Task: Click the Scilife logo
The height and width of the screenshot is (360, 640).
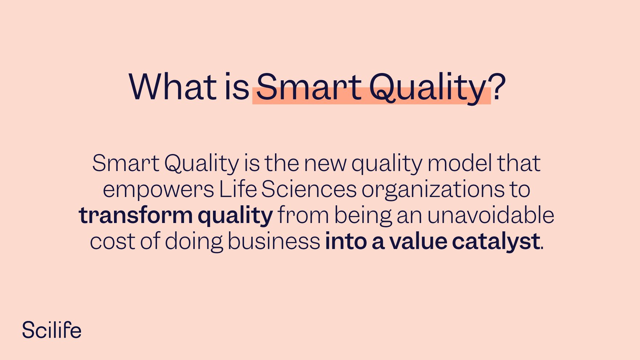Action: pos(52,330)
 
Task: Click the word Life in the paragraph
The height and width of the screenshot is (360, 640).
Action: pos(238,189)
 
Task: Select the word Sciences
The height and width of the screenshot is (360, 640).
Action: pos(309,189)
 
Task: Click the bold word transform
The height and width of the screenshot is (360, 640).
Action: pos(135,215)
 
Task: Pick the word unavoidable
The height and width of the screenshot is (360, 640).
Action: pos(490,215)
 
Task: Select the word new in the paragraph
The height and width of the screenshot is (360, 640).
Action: pos(325,164)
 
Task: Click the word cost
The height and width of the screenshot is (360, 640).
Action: pos(112,242)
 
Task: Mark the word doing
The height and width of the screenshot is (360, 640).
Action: pos(194,242)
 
